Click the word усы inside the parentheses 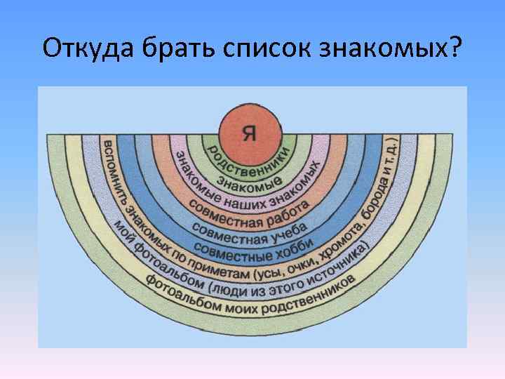point(276,267)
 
